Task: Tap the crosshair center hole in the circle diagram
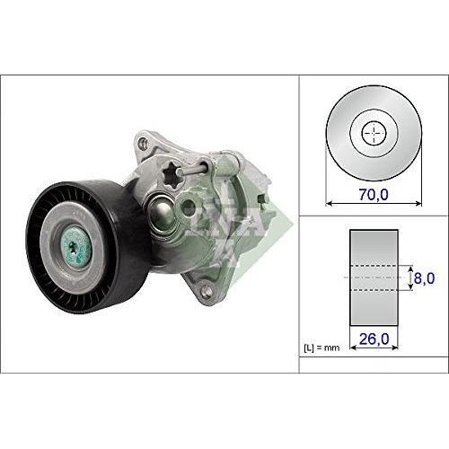(374, 135)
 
